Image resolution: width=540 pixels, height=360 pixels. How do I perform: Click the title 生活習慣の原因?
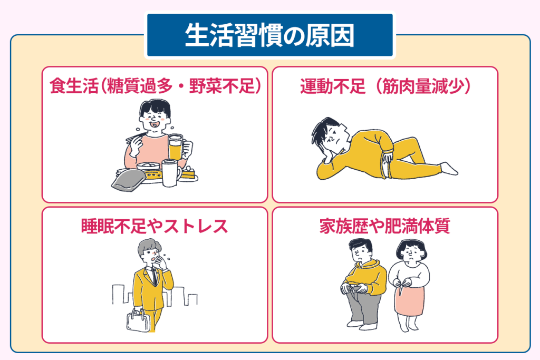[269, 35]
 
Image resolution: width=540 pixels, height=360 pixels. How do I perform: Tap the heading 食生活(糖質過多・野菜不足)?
[155, 86]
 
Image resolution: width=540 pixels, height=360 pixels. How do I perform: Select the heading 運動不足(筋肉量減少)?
[385, 86]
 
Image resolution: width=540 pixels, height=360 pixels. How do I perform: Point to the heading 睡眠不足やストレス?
[155, 226]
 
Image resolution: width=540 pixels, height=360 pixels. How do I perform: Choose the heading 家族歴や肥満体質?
[384, 226]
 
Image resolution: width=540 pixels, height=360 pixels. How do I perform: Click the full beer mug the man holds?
[176, 147]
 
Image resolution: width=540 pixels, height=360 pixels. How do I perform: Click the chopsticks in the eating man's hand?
[136, 137]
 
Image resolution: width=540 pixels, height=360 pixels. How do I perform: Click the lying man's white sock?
[449, 168]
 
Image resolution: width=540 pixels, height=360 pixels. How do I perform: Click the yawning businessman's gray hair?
[149, 247]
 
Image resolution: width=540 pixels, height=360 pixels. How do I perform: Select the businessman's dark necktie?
[155, 276]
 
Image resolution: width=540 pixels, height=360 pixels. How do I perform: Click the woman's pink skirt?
[409, 299]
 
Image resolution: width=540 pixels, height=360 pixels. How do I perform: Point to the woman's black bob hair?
[411, 247]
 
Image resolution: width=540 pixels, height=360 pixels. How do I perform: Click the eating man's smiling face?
[155, 120]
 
